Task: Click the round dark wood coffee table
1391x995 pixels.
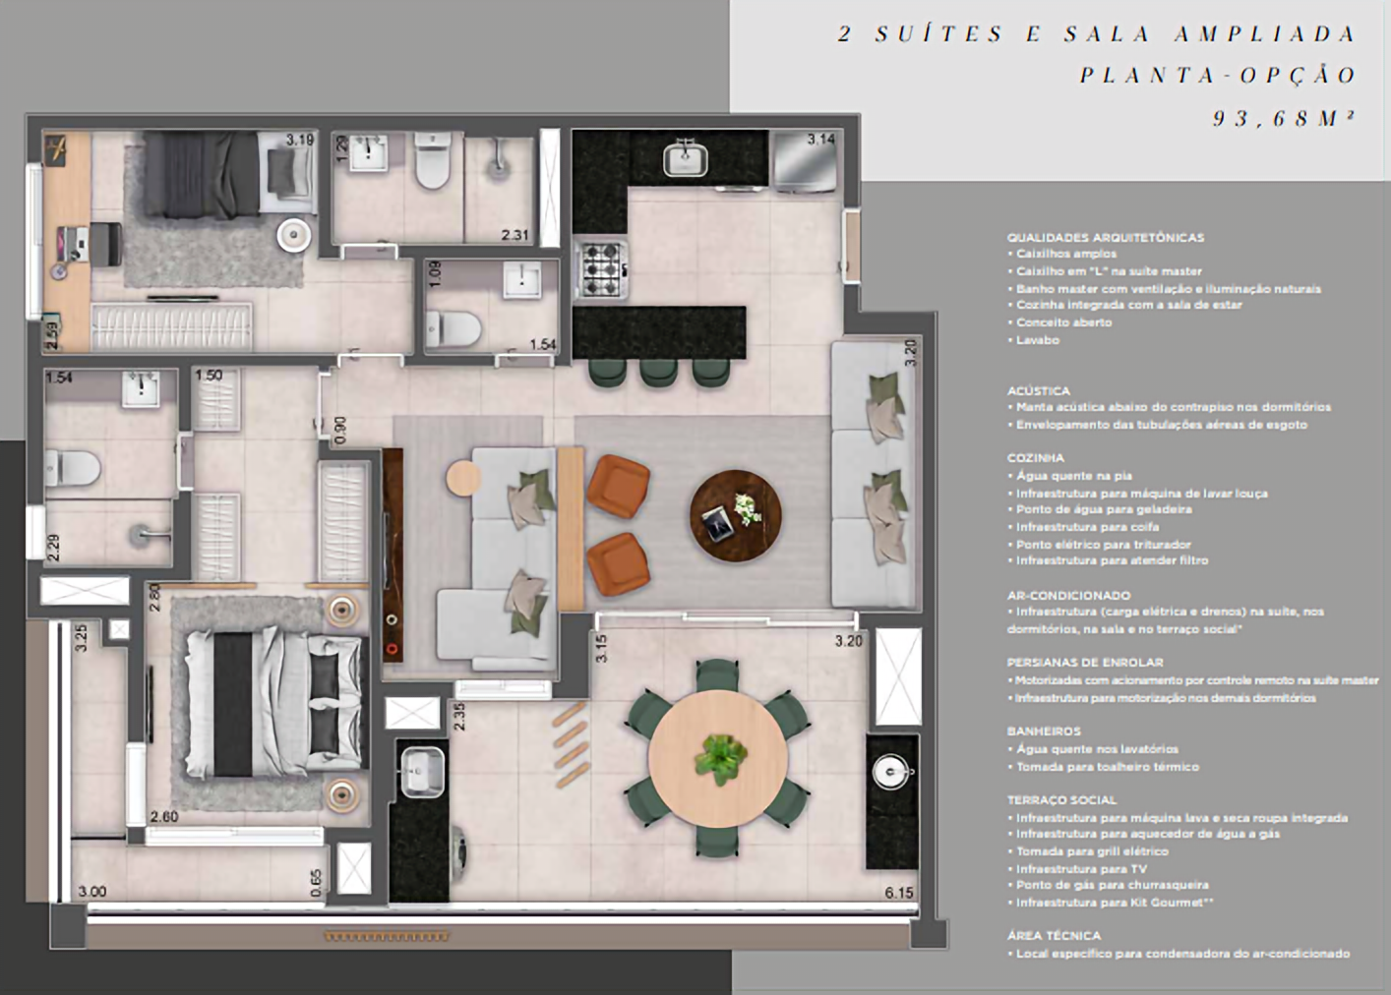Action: [735, 516]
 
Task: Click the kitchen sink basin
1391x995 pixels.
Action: [686, 157]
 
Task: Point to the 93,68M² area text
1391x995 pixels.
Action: [1284, 119]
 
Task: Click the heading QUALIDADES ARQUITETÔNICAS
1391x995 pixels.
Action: [1105, 237]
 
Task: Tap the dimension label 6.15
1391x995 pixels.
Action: [899, 893]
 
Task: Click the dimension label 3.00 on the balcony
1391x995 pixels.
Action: [92, 893]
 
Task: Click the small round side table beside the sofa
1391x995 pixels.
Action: [463, 479]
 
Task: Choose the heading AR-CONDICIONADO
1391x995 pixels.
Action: [1068, 596]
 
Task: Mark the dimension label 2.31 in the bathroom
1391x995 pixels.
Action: [514, 236]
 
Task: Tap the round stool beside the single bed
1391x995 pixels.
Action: [293, 234]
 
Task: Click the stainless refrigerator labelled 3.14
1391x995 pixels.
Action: [805, 160]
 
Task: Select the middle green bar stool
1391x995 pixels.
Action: [658, 373]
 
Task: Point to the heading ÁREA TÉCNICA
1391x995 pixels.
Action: [1054, 936]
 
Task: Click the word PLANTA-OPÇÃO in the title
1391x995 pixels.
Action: [1218, 76]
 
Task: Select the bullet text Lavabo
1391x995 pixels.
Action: [1037, 340]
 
